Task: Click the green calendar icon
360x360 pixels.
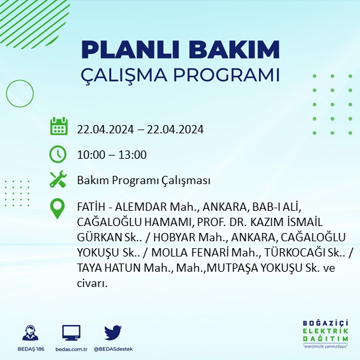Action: (58, 127)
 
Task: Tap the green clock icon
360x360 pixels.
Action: (58, 154)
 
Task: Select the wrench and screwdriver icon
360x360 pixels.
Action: (58, 180)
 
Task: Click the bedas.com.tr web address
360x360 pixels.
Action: (70, 349)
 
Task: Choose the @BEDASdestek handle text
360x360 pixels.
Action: (112, 349)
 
